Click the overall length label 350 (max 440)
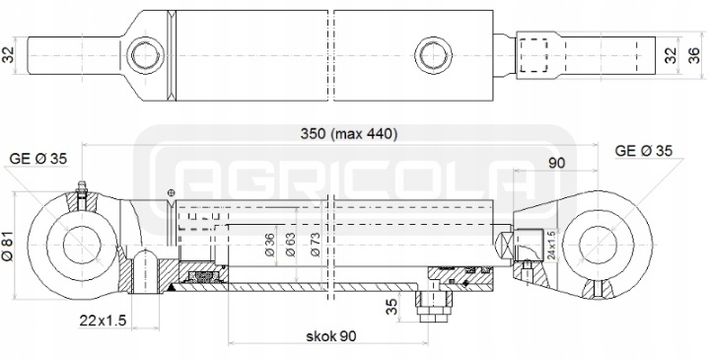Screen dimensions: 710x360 point(349,134)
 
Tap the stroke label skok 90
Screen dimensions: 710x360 point(331,336)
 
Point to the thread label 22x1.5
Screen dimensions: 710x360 point(103,321)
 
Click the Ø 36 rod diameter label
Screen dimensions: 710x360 point(269,245)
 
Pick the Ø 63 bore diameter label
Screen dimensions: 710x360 point(290,245)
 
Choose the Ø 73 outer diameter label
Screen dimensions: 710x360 point(316,245)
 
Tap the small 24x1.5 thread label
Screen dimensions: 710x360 point(551,245)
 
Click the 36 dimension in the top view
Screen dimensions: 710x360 point(693,55)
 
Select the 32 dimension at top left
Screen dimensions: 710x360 point(9,55)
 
